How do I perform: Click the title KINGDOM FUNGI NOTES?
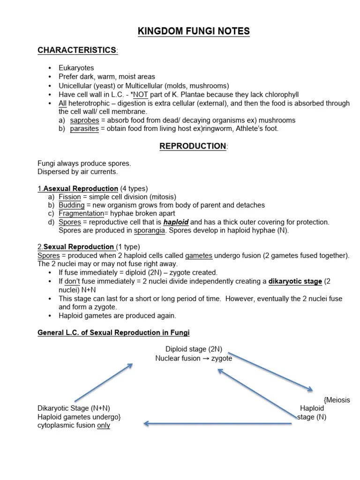pyautogui.click(x=194, y=31)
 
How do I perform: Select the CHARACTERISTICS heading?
pyautogui.click(x=77, y=50)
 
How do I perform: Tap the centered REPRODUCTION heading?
pyautogui.click(x=193, y=146)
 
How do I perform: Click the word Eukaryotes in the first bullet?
pyautogui.click(x=76, y=68)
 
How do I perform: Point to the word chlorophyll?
pyautogui.click(x=282, y=95)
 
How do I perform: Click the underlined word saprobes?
pyautogui.click(x=84, y=120)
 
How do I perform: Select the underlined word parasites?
pyautogui.click(x=84, y=128)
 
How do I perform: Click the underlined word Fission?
pyautogui.click(x=69, y=197)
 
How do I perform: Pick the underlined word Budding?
pyautogui.click(x=72, y=205)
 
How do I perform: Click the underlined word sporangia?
pyautogui.click(x=150, y=231)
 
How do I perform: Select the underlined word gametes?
pyautogui.click(x=199, y=255)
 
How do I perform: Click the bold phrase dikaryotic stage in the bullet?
pyautogui.click(x=295, y=281)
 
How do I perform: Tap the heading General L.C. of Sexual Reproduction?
pyautogui.click(x=113, y=333)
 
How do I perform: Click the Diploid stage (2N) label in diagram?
pyautogui.click(x=194, y=349)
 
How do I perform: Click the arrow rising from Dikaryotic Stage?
pyautogui.click(x=104, y=383)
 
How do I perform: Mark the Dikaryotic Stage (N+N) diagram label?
pyautogui.click(x=74, y=408)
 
